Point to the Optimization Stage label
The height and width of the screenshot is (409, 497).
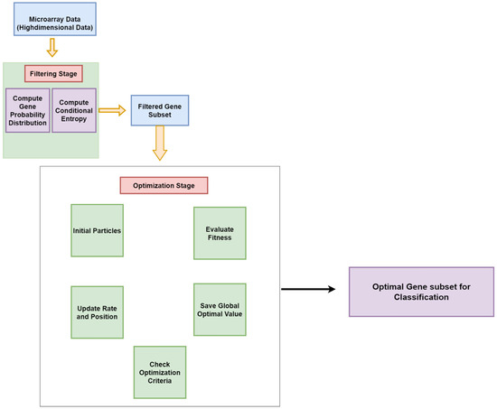click(x=164, y=185)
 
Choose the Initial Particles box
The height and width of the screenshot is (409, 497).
click(x=97, y=230)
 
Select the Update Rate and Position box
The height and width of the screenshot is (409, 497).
click(x=97, y=312)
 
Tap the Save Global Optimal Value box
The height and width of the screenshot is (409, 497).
click(x=220, y=310)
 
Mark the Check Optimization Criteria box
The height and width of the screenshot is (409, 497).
click(x=159, y=371)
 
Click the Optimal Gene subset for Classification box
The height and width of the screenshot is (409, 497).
click(x=421, y=291)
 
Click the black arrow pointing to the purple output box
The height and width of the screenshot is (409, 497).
click(x=306, y=289)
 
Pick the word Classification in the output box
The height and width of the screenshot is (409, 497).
click(x=421, y=297)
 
